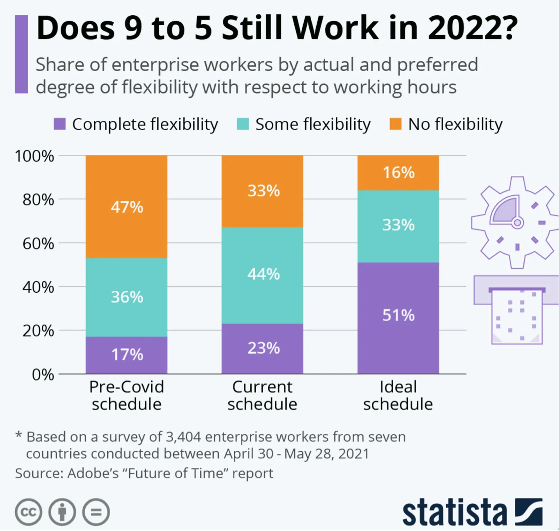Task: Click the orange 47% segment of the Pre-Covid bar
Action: click(126, 207)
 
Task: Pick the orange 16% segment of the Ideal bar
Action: click(398, 172)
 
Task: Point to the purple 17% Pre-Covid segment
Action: click(126, 355)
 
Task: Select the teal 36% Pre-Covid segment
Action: click(126, 297)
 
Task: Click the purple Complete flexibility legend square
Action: click(59, 124)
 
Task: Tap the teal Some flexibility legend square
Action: click(243, 124)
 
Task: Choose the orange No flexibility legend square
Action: click(395, 124)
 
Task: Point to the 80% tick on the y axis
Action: click(38, 200)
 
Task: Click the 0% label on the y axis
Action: click(43, 375)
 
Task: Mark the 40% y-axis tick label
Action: click(38, 287)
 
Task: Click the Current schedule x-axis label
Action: click(262, 395)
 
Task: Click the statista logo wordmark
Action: click(454, 512)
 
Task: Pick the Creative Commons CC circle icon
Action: click(29, 512)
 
